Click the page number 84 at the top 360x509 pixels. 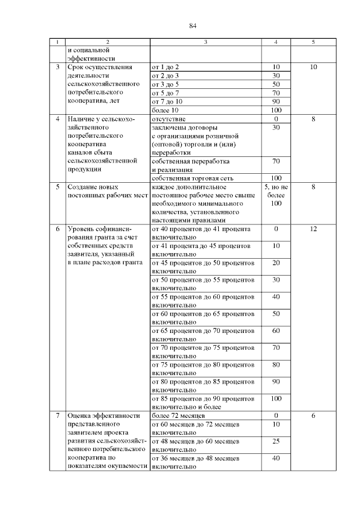pos(193,25)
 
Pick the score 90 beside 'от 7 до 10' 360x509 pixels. pos(276,101)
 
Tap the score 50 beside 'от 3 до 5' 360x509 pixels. pos(276,84)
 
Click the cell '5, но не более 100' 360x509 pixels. pos(276,195)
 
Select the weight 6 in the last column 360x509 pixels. pos(313,416)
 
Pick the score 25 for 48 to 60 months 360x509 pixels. pos(276,442)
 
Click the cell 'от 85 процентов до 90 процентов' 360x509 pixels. pos(203,398)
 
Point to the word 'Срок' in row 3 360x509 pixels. pos(75,67)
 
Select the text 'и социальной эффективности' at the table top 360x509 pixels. pos(91,54)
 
